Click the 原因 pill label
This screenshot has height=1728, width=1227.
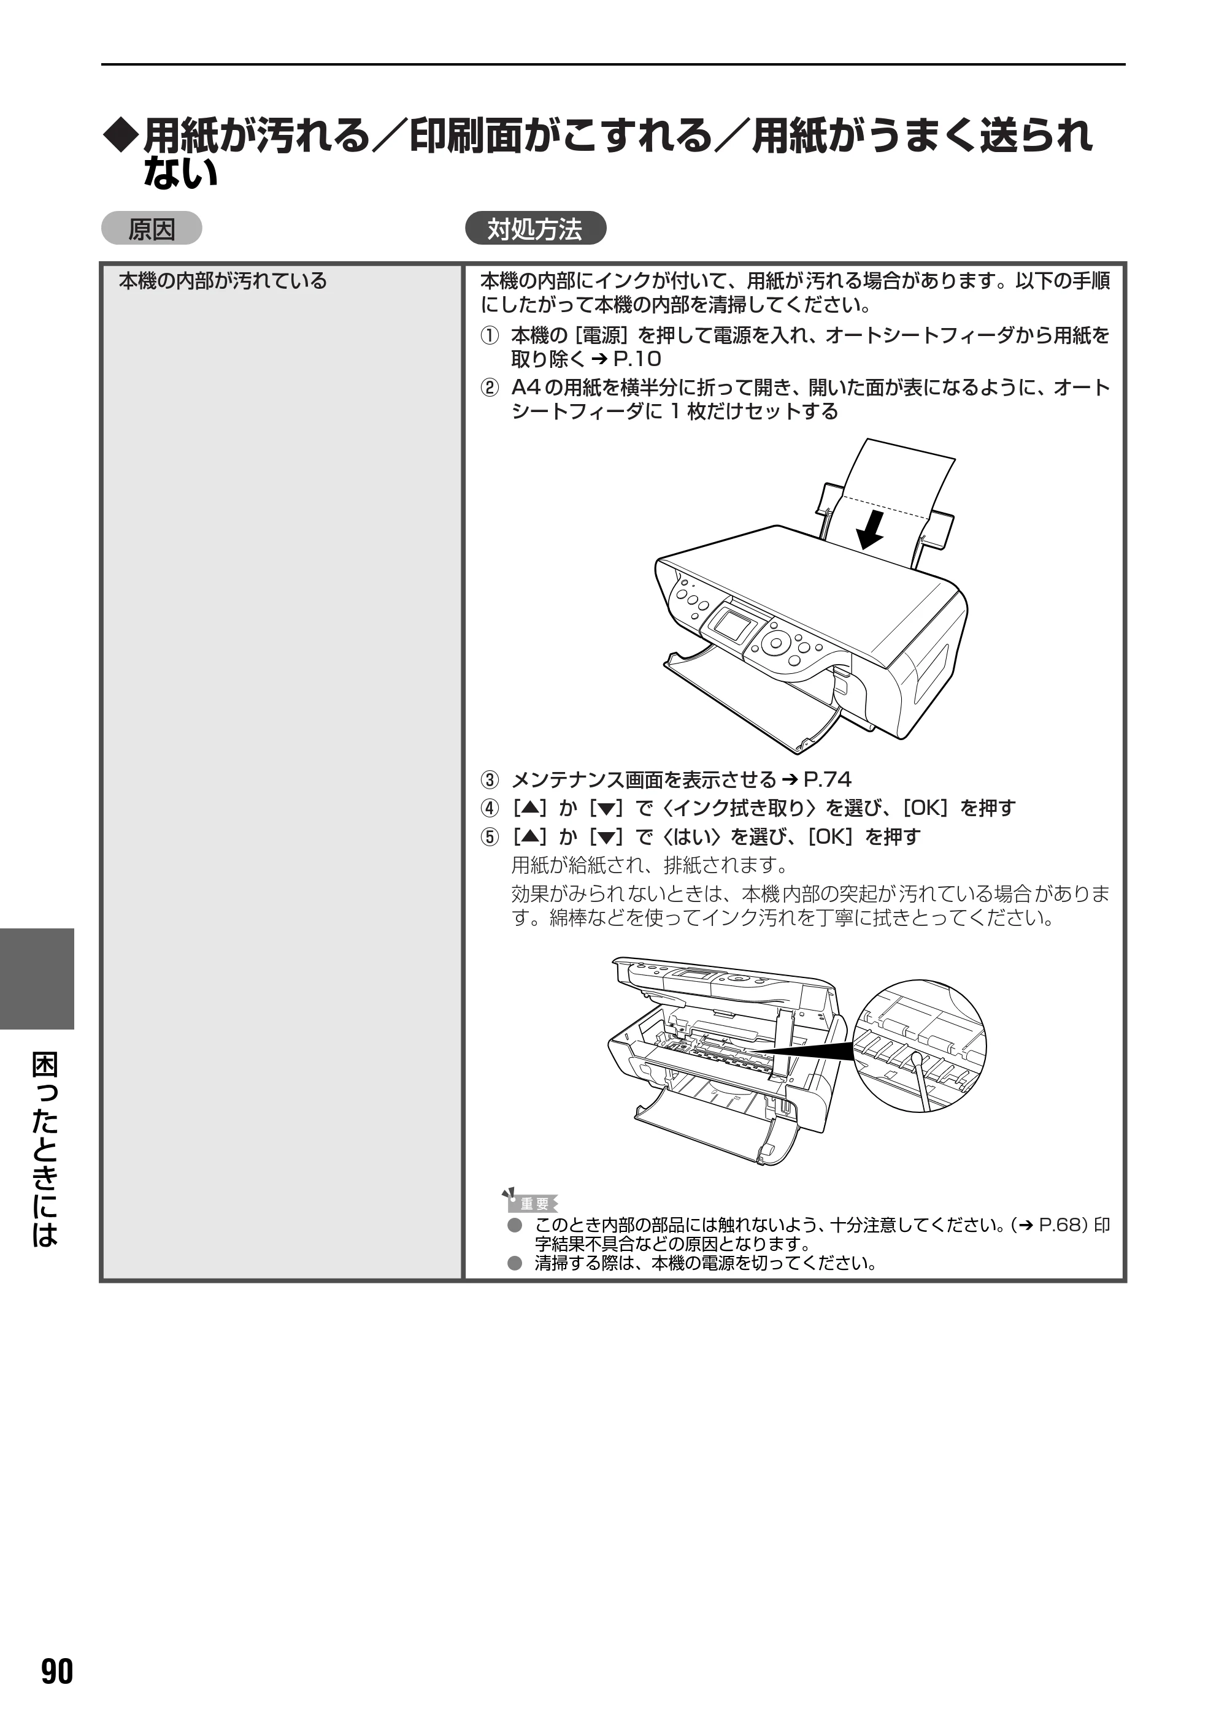coord(152,229)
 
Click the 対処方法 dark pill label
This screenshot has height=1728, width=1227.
coord(535,229)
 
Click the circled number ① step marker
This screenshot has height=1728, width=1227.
coord(490,335)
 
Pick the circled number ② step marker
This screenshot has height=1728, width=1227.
coord(490,388)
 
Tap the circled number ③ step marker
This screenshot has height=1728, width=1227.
coord(490,779)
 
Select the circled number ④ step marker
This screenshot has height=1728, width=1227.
coord(490,808)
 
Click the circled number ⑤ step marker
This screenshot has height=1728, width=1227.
coord(490,837)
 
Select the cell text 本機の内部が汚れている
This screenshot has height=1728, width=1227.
coord(223,281)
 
